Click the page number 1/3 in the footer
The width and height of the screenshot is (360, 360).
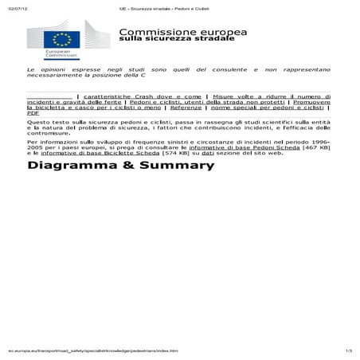pyautogui.click(x=348, y=350)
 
